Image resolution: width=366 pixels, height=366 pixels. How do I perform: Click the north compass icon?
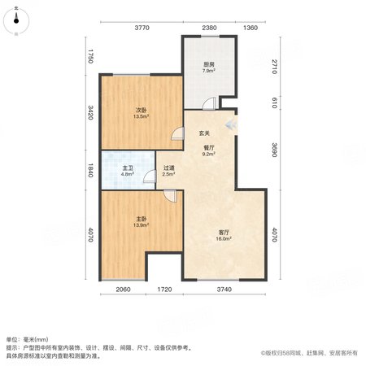tap(16, 20)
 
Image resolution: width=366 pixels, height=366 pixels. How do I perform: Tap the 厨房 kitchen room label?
tap(209, 64)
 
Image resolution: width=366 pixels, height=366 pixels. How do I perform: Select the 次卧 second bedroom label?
tap(141, 111)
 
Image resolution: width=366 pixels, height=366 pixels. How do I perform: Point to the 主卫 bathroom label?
tap(128, 168)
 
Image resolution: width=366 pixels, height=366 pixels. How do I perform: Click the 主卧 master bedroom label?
tap(141, 219)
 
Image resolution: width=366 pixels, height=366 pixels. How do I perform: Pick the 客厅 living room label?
tap(224, 233)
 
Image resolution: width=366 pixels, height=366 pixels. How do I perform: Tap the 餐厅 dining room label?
tap(209, 148)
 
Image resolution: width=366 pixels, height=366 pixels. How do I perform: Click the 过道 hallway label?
tap(168, 168)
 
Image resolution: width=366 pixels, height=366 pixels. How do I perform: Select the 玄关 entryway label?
tap(204, 133)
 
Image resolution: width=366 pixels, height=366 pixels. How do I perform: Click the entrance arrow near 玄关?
tap(232, 124)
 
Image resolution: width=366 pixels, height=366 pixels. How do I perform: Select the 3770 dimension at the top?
tap(142, 28)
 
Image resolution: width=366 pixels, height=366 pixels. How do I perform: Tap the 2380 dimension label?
tap(209, 28)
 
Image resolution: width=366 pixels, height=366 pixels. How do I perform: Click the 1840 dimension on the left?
tap(90, 170)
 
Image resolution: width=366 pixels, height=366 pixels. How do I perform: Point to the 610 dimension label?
tap(274, 103)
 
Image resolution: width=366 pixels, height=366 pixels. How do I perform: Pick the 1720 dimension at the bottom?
tap(164, 290)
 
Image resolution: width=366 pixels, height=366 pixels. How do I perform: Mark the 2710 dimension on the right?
tap(274, 67)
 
